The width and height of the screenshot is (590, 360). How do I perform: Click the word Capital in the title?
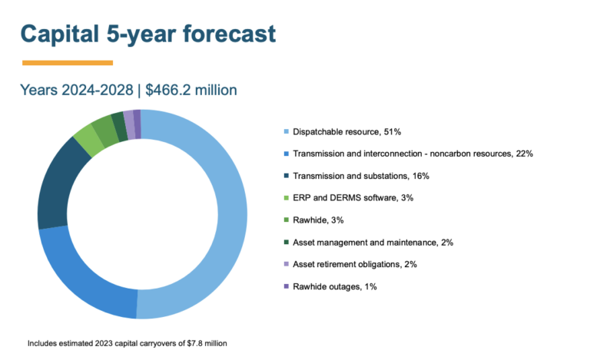tap(60, 34)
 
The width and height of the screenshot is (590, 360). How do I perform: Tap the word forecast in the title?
tap(230, 34)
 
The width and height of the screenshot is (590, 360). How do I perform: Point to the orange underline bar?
tap(68, 63)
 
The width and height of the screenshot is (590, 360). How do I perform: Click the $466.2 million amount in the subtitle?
tap(191, 90)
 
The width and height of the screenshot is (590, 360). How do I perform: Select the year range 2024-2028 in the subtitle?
tap(98, 90)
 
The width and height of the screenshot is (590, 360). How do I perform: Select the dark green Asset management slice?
tap(121, 127)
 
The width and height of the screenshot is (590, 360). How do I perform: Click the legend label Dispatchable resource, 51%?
tap(346, 132)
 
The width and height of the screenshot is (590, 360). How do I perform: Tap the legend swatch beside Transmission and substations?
tap(287, 176)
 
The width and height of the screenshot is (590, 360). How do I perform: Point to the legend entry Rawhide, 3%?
tap(318, 220)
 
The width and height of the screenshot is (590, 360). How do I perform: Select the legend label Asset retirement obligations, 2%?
tap(355, 264)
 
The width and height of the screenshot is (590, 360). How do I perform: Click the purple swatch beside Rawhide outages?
tap(287, 286)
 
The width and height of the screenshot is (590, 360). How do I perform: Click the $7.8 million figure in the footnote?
tap(207, 343)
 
